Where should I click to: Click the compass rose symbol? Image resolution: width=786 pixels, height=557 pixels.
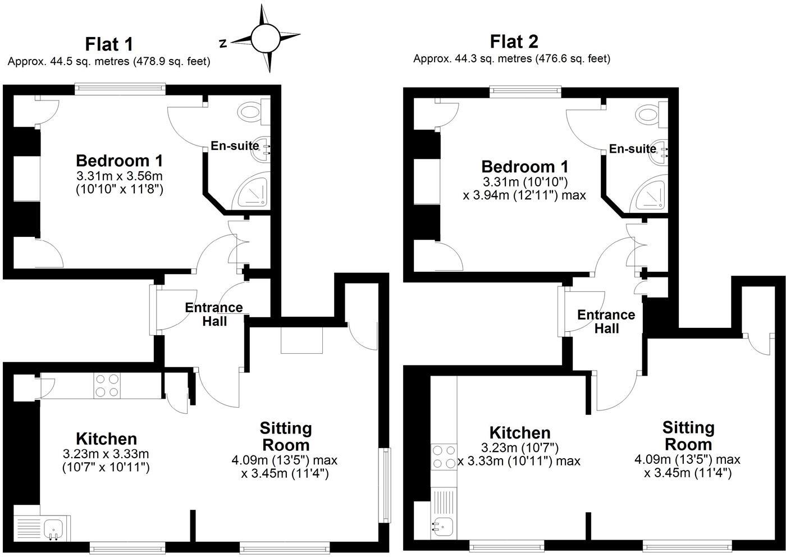click(x=266, y=38)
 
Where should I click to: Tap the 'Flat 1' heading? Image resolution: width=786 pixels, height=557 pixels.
click(x=109, y=44)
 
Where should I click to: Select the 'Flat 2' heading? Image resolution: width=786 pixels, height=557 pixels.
click(x=514, y=42)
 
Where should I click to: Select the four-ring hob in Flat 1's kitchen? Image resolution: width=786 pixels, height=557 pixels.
click(x=107, y=386)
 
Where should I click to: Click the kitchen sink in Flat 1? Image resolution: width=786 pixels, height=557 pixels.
click(x=54, y=528)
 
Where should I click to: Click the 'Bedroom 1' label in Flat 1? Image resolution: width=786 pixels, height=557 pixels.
click(x=120, y=161)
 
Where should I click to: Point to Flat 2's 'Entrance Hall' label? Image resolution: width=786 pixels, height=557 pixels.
click(x=606, y=322)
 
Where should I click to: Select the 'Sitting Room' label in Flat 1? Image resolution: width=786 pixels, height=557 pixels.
click(x=285, y=436)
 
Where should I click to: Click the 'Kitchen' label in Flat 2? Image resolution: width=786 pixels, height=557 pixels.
click(x=520, y=433)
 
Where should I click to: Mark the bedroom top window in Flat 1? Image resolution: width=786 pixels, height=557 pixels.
click(x=120, y=88)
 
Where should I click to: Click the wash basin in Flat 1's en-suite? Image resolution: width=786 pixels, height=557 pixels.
click(x=262, y=148)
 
